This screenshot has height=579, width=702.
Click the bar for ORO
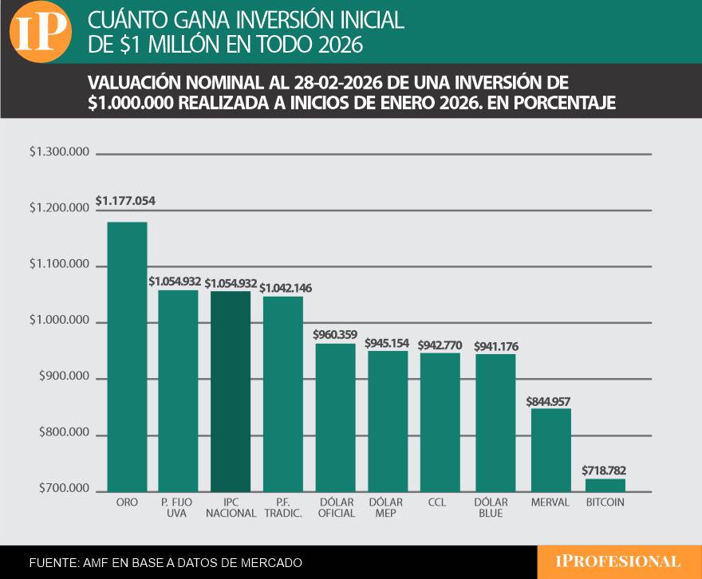(x=128, y=356)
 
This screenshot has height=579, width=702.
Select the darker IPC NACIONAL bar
(x=231, y=391)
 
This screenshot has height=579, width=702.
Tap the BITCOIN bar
(x=605, y=484)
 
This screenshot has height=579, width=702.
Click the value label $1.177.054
(x=125, y=202)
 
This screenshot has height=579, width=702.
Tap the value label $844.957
(x=548, y=401)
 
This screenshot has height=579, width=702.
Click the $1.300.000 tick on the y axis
(x=59, y=152)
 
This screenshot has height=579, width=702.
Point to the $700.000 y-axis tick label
(x=59, y=489)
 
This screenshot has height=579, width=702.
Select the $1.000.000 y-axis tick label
(x=59, y=321)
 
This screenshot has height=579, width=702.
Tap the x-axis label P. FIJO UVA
(x=178, y=508)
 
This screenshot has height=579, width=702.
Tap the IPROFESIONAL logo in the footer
(x=618, y=561)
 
